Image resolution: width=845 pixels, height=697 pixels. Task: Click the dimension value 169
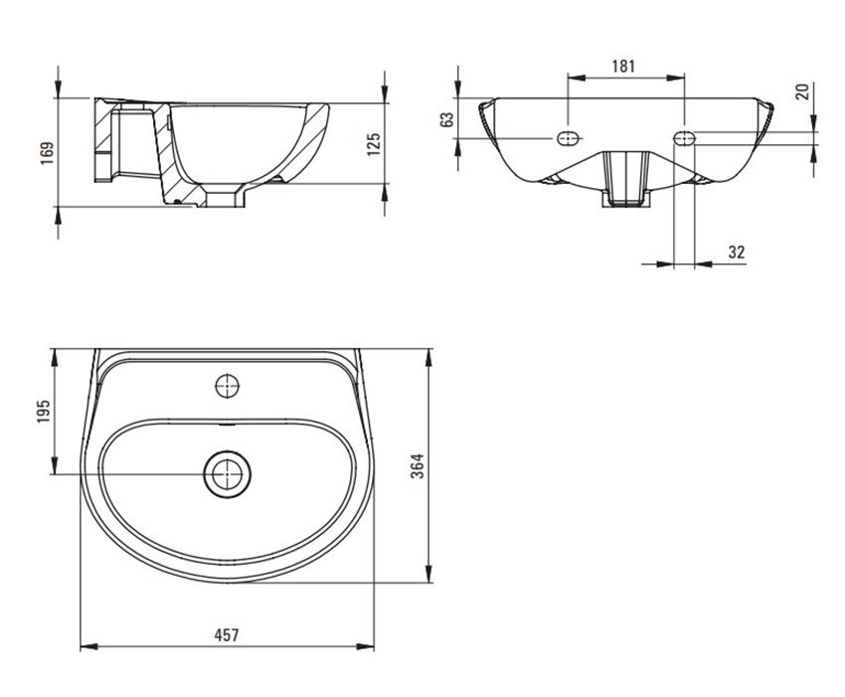tap(48, 152)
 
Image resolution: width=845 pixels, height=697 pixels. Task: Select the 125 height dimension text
tap(374, 144)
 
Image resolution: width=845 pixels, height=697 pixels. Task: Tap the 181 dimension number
tap(623, 67)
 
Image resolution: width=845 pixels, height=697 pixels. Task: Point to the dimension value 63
tap(446, 119)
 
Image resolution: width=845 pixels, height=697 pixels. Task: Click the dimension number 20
tap(803, 91)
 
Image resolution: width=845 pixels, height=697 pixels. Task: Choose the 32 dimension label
tap(737, 253)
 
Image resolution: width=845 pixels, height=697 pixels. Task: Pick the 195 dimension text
tap(44, 412)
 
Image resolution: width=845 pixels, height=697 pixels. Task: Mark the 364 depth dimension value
tap(418, 465)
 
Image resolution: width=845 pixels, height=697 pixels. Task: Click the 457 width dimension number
tap(227, 635)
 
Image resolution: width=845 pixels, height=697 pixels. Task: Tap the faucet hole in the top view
tap(227, 386)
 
